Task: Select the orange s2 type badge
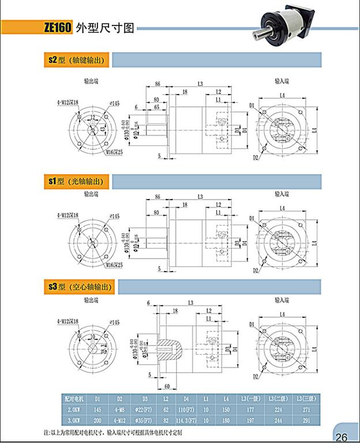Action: tap(52, 59)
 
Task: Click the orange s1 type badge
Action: tap(51, 181)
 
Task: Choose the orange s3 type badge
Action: tap(52, 286)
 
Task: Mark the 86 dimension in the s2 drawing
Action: tap(156, 85)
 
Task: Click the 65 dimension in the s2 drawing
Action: tap(157, 107)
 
